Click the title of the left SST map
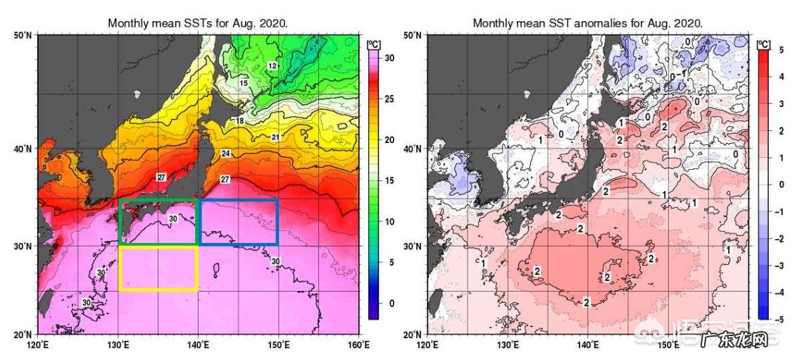197,23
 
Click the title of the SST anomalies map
587,23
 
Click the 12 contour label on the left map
273,66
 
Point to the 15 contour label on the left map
244,83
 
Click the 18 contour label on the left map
239,121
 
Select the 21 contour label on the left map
275,137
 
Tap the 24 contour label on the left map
226,154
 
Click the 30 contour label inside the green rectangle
173,219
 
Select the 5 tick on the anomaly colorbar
780,50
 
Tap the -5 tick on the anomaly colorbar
780,318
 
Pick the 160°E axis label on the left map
358,345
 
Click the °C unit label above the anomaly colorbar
763,44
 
